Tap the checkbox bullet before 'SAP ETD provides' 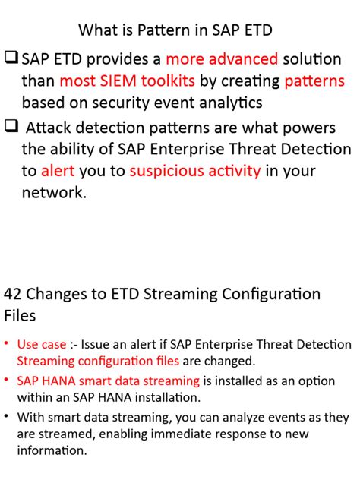click(x=11, y=58)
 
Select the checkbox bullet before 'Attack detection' click(x=11, y=128)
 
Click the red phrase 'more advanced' click(x=222, y=59)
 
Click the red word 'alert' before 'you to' click(x=58, y=171)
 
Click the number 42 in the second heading click(x=14, y=294)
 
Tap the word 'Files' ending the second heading click(x=20, y=314)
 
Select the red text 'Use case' click(x=42, y=344)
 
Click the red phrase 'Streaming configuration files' click(x=98, y=361)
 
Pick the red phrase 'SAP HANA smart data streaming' click(x=109, y=381)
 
